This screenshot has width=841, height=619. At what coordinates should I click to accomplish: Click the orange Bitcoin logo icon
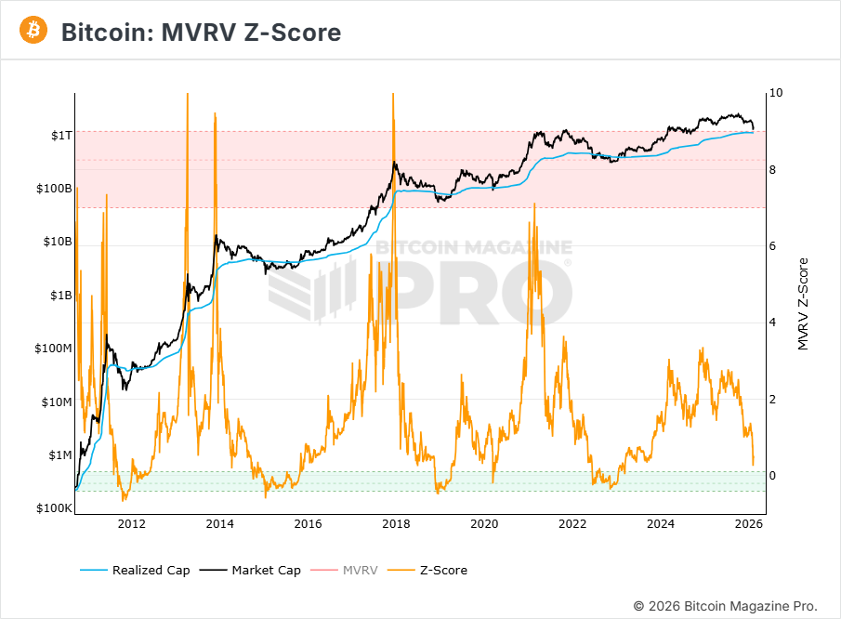(x=33, y=31)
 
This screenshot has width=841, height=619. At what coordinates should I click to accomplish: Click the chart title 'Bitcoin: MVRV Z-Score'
(x=201, y=33)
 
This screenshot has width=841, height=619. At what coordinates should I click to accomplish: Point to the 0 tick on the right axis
(x=773, y=476)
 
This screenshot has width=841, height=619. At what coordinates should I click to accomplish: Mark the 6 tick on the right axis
(x=773, y=246)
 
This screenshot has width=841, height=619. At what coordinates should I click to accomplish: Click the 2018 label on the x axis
(x=396, y=524)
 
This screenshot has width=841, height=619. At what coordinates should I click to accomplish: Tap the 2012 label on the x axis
(x=132, y=524)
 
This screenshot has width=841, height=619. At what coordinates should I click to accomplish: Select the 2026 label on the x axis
(x=749, y=524)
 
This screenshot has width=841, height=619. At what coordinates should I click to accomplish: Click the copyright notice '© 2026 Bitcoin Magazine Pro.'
(x=726, y=605)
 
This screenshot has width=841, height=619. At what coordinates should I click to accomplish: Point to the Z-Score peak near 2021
(x=533, y=204)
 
